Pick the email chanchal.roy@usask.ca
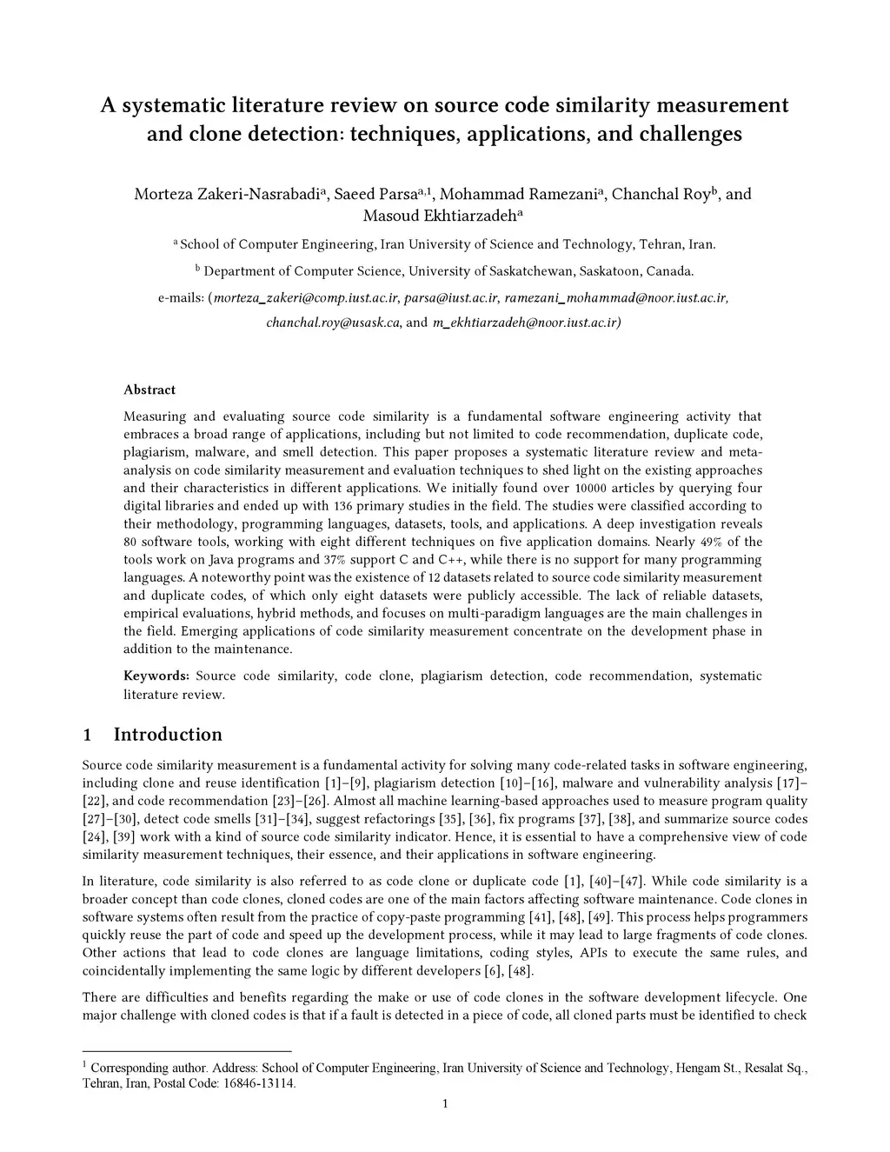coord(333,323)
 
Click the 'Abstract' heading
coord(149,390)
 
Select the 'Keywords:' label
coord(156,676)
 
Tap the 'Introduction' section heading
coord(168,735)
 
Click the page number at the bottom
coord(445,1104)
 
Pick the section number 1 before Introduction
coord(87,736)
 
